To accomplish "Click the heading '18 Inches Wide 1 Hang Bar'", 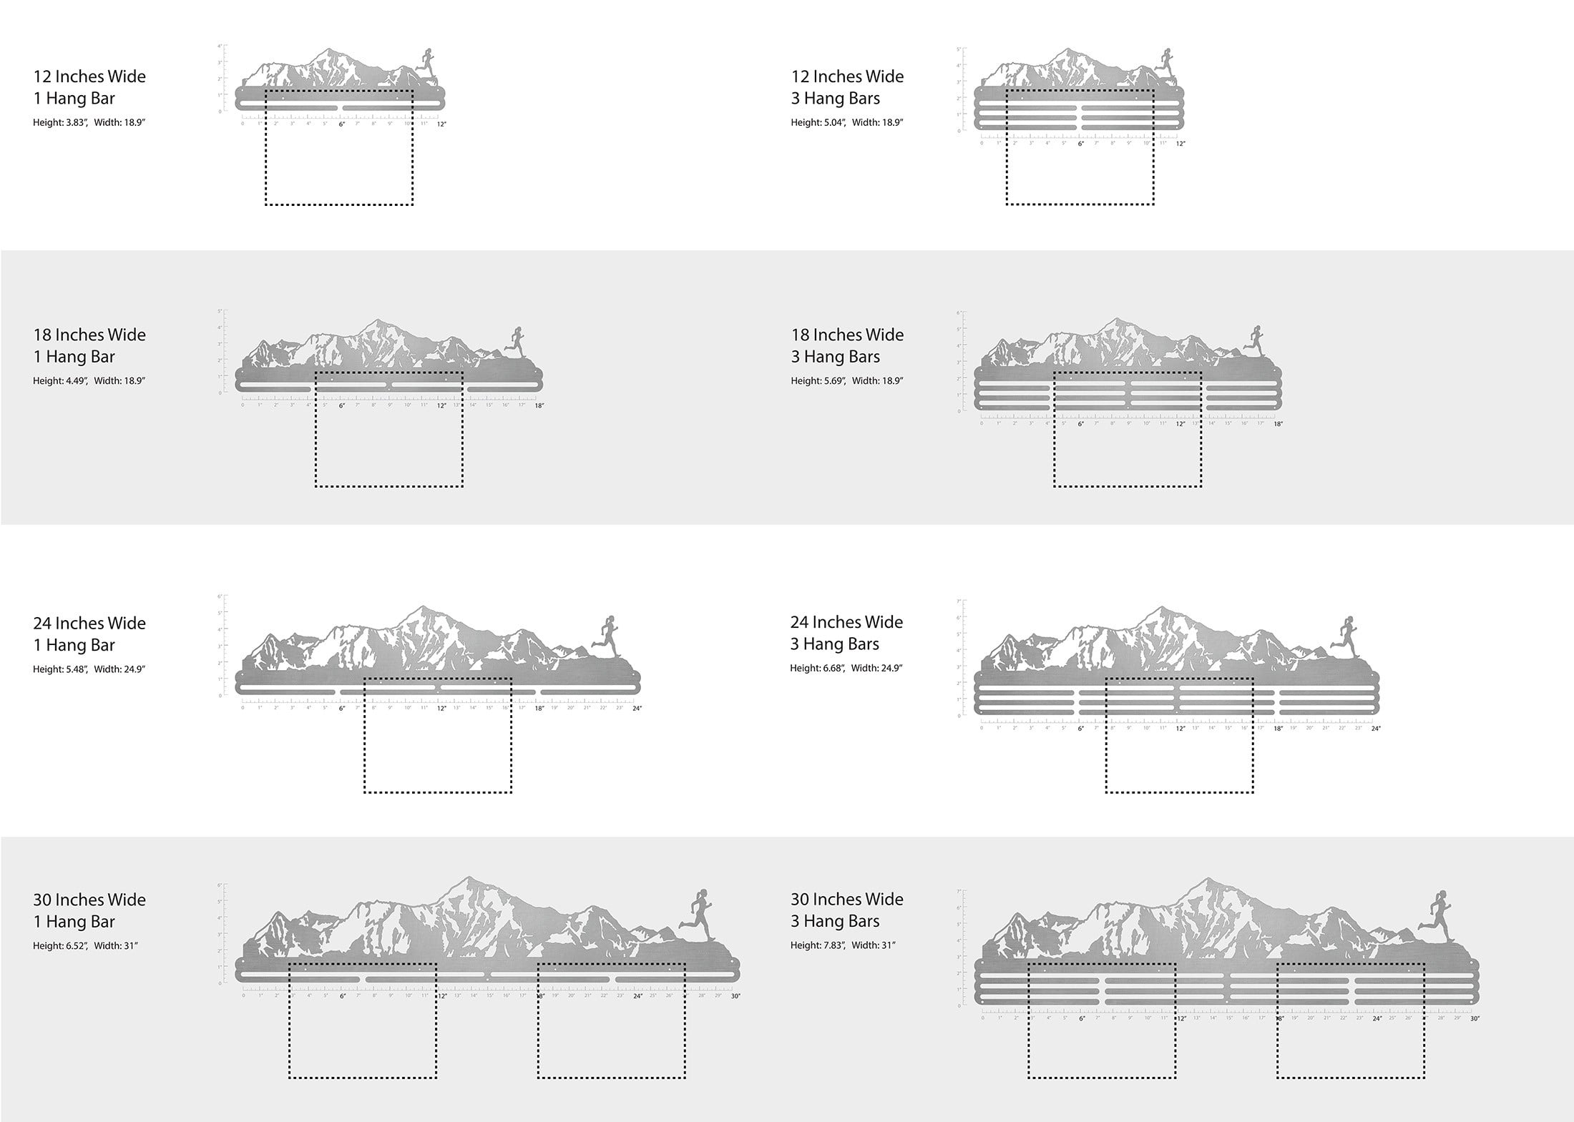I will [x=89, y=345].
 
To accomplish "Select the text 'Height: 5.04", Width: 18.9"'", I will [x=846, y=122].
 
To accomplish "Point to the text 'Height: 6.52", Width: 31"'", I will [x=85, y=945].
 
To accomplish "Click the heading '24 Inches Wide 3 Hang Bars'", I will [x=846, y=633].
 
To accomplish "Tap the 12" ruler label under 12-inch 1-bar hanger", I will [x=441, y=124].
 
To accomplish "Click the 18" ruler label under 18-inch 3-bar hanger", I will [x=1278, y=424].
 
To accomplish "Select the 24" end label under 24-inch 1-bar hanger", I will [x=637, y=709].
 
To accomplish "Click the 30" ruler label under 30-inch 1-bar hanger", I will [x=735, y=996].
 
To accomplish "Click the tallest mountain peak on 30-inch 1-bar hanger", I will [x=469, y=879].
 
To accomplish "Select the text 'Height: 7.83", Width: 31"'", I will [x=843, y=945].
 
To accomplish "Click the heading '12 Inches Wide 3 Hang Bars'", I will [x=847, y=87].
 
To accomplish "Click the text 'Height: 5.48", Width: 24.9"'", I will [x=89, y=669].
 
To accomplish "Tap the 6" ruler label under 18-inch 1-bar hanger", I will [x=342, y=405].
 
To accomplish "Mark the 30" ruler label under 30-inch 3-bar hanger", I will [x=1475, y=1018].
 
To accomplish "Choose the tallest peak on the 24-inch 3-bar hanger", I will [x=1160, y=609].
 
